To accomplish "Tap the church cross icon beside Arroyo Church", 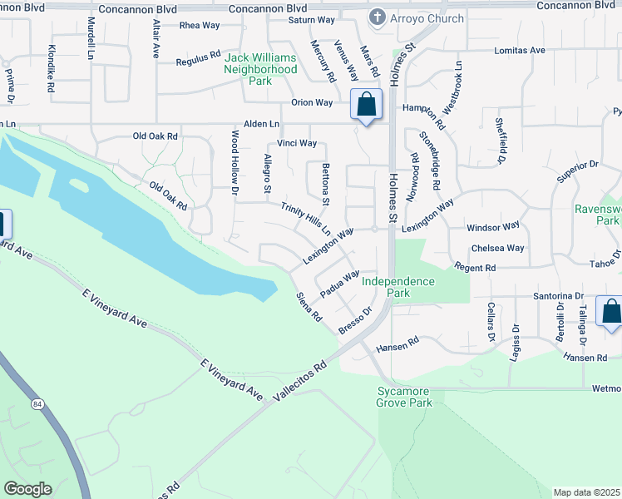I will pos(378,17).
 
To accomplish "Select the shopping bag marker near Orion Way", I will pos(366,105).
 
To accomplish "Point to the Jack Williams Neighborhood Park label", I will pos(260,70).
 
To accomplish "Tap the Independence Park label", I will pos(398,287).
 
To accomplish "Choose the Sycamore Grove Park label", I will pos(404,398).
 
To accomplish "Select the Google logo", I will pos(27,489).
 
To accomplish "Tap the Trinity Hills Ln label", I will pos(306,218).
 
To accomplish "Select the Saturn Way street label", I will pos(311,19).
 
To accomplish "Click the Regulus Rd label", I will pos(198,62).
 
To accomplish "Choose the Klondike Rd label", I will pos(52,67).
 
